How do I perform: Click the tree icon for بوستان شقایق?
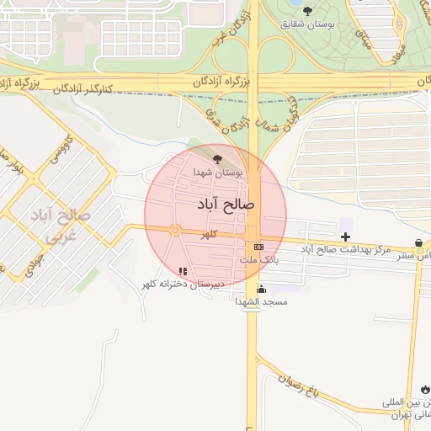[307, 11]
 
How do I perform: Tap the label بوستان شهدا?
[218, 172]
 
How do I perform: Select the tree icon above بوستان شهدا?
[218, 158]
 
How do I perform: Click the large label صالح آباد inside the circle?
[226, 204]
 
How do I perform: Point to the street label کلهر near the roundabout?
[207, 236]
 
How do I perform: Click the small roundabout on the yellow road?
[175, 230]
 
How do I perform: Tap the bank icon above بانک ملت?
[258, 246]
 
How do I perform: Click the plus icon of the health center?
[345, 237]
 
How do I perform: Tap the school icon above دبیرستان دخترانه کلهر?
[183, 271]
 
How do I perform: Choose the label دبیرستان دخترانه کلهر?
[183, 285]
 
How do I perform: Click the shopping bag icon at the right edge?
[418, 242]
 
